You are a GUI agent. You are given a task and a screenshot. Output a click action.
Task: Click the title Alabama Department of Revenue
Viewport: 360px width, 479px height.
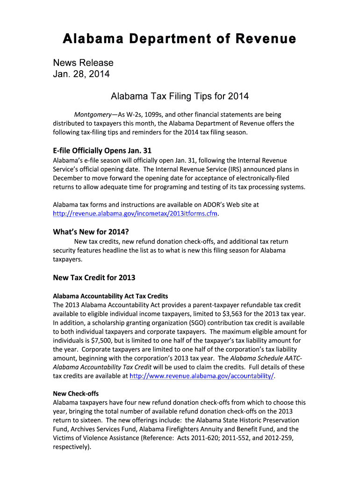[x=180, y=38]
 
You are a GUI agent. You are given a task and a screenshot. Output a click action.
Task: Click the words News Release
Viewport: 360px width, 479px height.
[x=83, y=63]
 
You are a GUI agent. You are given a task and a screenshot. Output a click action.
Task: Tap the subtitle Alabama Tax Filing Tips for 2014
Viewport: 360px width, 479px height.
[x=180, y=97]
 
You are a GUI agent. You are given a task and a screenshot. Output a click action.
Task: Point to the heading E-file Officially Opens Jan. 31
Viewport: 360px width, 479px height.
[x=102, y=151]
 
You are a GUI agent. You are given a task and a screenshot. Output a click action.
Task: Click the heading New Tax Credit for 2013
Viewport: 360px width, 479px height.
[x=94, y=278]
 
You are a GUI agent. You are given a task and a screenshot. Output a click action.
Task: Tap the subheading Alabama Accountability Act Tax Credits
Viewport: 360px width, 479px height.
[x=110, y=296]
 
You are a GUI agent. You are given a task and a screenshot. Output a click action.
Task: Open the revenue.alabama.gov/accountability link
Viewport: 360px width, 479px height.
[x=202, y=376]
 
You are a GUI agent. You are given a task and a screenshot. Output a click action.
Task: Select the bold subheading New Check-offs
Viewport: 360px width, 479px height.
[x=76, y=394]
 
